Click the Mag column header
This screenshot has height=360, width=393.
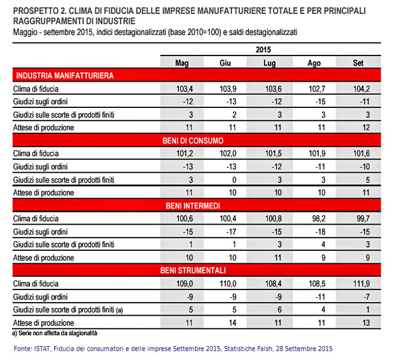tap(182, 63)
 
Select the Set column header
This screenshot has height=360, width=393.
tap(358, 62)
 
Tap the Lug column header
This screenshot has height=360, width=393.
tap(269, 63)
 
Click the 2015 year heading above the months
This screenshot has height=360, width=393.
tap(263, 49)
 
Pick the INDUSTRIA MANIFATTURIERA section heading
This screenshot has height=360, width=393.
tap(65, 75)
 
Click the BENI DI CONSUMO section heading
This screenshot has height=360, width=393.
tap(193, 140)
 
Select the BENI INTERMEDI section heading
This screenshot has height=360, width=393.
tap(193, 205)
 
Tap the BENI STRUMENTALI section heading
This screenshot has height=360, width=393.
tap(193, 270)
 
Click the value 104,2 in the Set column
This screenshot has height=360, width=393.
tap(361, 89)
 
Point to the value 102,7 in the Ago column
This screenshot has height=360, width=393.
tap(317, 89)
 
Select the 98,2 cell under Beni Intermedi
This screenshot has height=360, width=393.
tap(319, 218)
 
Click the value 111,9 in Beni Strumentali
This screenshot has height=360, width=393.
tap(361, 283)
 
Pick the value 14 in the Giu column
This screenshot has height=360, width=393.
tap(232, 323)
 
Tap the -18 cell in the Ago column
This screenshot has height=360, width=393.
tap(321, 231)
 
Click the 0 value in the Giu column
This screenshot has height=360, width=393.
tap(234, 180)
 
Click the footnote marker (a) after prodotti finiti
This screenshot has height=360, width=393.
tap(119, 310)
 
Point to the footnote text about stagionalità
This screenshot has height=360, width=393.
tap(54, 333)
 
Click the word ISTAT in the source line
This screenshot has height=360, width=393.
tap(42, 349)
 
